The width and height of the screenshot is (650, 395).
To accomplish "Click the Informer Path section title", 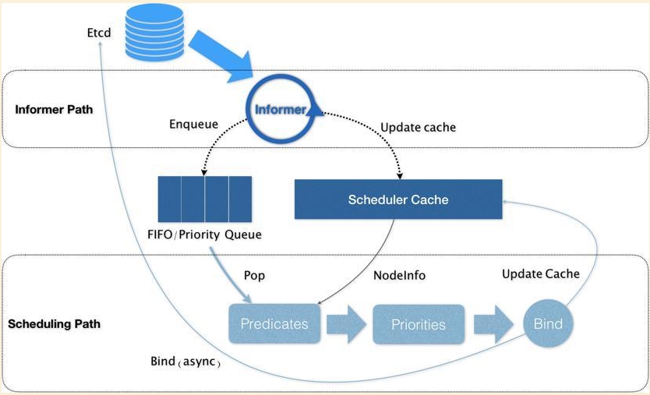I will tap(54, 109).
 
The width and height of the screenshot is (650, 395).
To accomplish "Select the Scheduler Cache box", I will tap(397, 199).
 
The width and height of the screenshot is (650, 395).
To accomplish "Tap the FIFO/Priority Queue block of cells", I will tap(204, 200).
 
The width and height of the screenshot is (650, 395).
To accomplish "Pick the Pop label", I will tap(256, 276).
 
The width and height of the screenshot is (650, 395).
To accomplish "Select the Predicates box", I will tap(274, 323).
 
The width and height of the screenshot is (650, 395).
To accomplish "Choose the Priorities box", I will tap(419, 323).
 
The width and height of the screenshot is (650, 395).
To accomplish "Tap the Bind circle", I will tap(548, 323).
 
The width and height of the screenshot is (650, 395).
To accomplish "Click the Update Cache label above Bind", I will tap(540, 273).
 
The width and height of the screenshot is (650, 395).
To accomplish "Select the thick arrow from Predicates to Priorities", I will tap(346, 323).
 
